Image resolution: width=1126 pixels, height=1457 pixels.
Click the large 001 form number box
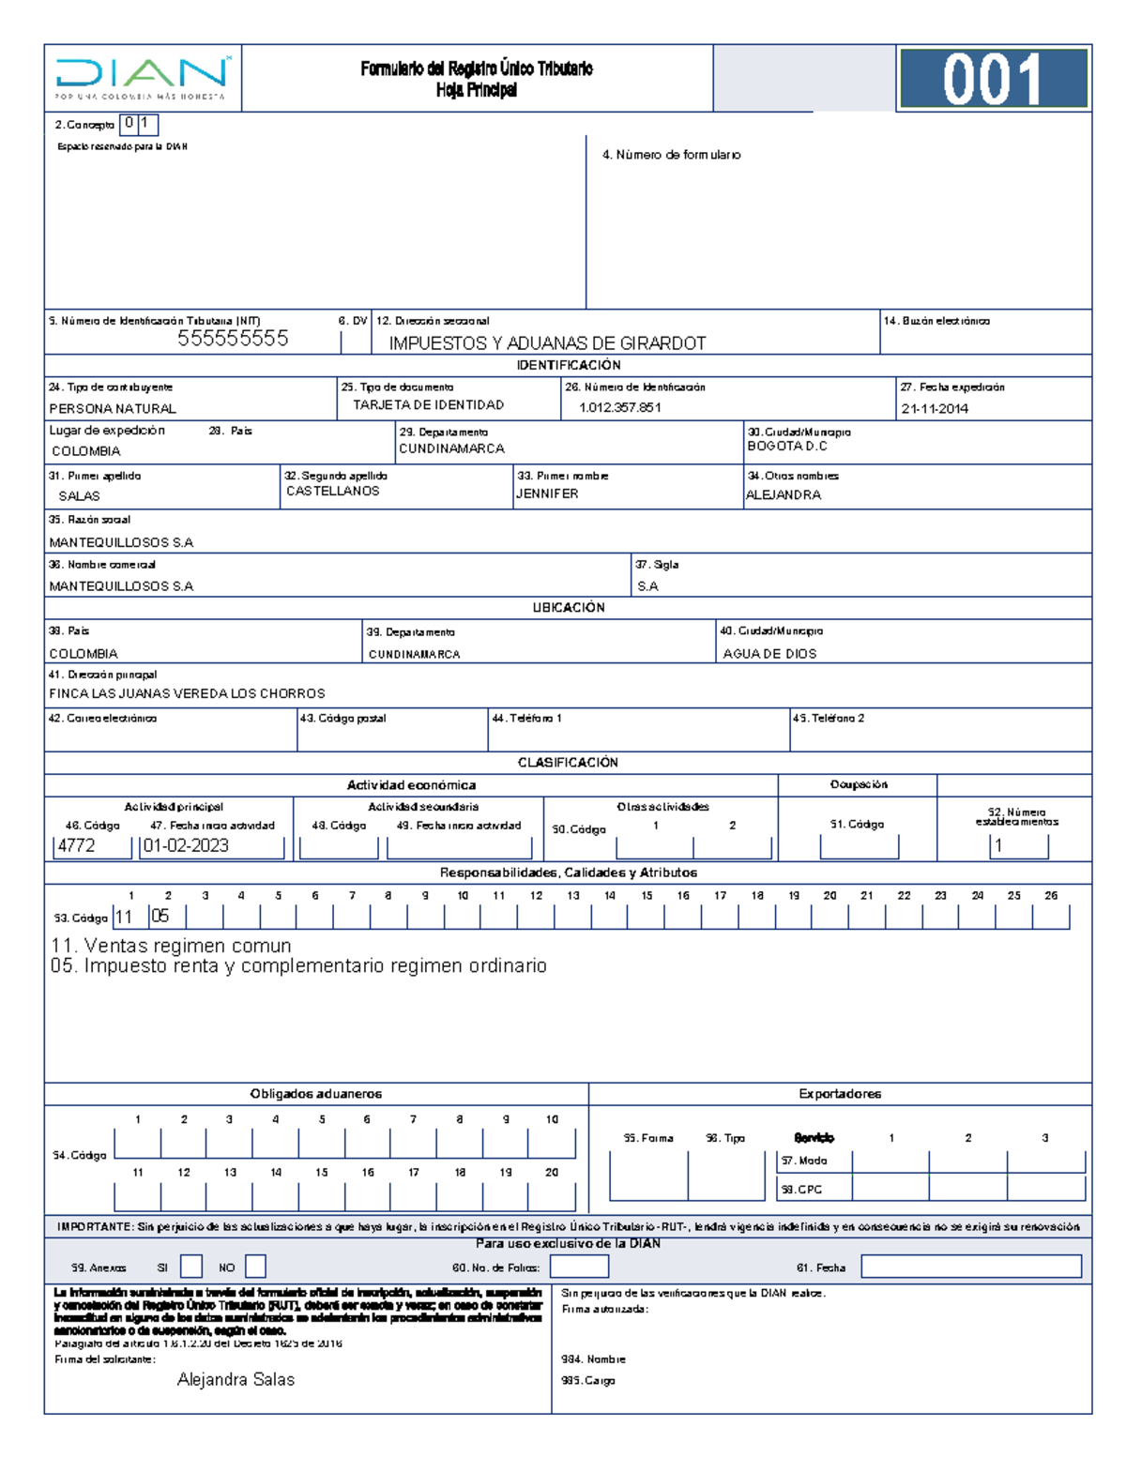(993, 79)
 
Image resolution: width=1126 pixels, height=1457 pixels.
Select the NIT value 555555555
(233, 339)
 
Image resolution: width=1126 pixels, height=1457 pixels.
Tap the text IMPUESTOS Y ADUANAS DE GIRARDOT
(547, 343)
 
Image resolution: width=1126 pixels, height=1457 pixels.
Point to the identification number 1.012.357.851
(619, 408)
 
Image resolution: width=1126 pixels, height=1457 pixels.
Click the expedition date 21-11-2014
(935, 409)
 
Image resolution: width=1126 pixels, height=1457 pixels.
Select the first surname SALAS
(79, 496)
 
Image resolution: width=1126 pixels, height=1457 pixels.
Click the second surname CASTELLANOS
(333, 492)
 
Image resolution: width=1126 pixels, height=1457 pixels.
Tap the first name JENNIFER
(547, 493)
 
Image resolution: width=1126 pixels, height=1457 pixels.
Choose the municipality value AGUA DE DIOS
(769, 654)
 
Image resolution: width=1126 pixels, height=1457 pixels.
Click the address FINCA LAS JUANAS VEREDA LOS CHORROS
(187, 694)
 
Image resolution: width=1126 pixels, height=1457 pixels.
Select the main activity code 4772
(76, 845)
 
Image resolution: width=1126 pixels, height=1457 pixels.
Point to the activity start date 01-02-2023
(186, 845)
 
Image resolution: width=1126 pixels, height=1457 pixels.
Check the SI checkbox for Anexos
(191, 1267)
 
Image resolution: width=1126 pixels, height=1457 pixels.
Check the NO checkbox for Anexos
(255, 1267)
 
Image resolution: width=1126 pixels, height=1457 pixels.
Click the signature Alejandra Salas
(236, 1380)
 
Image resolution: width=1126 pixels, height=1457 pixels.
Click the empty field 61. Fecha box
(971, 1267)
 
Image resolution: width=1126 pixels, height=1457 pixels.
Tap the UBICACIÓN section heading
(569, 608)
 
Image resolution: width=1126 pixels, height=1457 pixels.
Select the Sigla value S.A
(647, 586)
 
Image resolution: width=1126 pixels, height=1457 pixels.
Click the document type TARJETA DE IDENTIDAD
(428, 405)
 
